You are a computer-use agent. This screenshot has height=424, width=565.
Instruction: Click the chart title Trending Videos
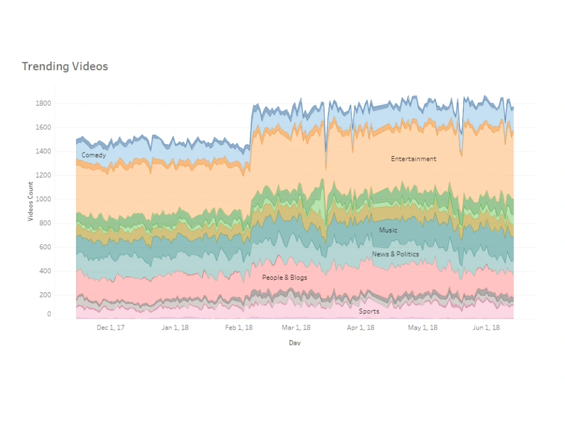(x=64, y=66)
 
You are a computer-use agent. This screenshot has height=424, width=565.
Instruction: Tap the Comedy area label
(x=93, y=155)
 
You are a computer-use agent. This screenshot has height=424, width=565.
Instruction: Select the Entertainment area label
(x=414, y=159)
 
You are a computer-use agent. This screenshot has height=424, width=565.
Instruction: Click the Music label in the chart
(x=388, y=230)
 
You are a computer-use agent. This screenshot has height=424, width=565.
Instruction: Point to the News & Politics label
(x=395, y=254)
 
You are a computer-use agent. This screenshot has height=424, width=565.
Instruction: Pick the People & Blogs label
(x=285, y=278)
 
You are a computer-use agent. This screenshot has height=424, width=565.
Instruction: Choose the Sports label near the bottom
(x=369, y=311)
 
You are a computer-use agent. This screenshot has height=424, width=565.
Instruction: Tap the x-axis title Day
(x=294, y=343)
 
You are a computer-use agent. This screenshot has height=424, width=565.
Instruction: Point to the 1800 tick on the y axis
(x=44, y=103)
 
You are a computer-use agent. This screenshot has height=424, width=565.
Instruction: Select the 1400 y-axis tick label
(x=44, y=152)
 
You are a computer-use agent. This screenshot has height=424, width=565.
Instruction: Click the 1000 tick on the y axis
(x=44, y=199)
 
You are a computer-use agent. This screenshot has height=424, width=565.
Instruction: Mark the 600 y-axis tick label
(x=45, y=247)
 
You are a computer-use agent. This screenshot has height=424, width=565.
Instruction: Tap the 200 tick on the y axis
(x=45, y=295)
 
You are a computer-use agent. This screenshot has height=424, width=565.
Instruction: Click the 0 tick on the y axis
(x=49, y=314)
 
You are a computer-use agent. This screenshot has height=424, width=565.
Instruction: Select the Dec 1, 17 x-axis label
(x=111, y=327)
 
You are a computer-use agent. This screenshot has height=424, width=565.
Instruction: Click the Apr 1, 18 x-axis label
(x=360, y=327)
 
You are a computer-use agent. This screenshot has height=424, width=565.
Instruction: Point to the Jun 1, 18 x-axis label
(x=485, y=327)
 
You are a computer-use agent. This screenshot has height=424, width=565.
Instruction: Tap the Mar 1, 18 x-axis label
(x=297, y=327)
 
